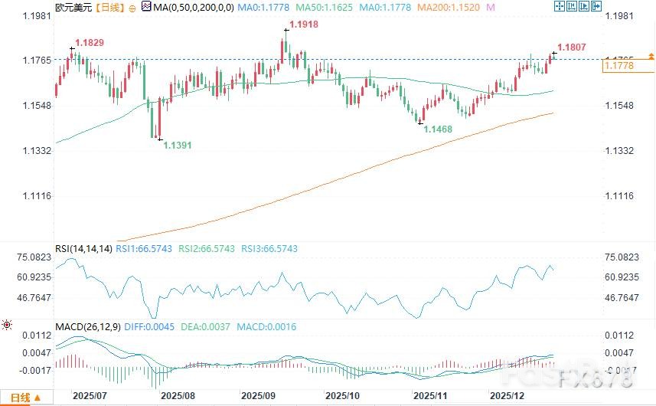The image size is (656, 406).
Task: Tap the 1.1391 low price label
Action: pos(179,145)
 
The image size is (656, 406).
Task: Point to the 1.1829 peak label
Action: pos(89,41)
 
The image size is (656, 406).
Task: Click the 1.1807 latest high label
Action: pos(573,47)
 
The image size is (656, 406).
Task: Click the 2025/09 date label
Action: pos(258,397)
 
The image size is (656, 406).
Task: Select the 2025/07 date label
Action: pos(89,397)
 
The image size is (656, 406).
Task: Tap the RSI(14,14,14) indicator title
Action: pos(83,249)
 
